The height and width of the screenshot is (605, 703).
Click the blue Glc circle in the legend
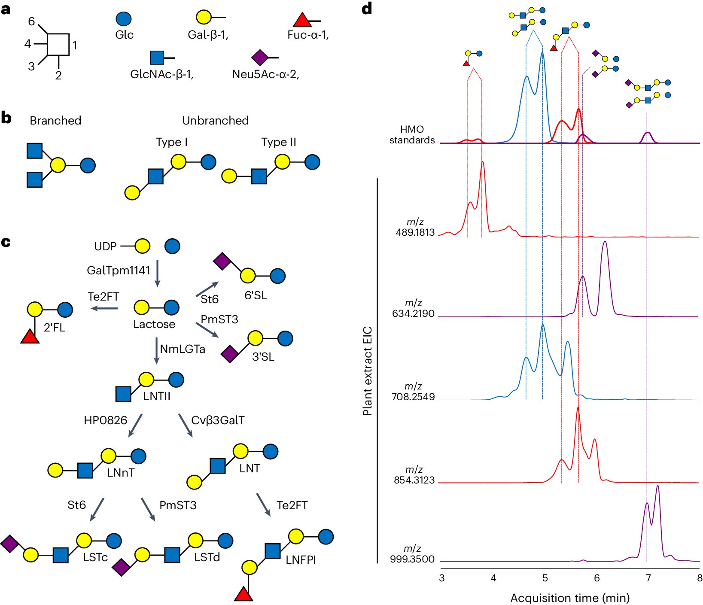tap(124, 19)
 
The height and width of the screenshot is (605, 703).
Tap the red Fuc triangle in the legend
tap(302, 20)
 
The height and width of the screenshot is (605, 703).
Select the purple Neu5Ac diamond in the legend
tap(259, 57)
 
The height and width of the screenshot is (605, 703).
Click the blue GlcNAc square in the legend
tap(157, 58)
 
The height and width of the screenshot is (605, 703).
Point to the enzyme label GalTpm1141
tap(119, 271)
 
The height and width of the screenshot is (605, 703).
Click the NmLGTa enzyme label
tap(183, 349)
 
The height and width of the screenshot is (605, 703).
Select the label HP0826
tap(106, 420)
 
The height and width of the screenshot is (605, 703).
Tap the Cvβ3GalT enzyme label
tap(218, 420)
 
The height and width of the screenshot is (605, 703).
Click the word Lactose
tap(154, 324)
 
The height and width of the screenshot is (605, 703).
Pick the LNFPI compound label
tap(301, 560)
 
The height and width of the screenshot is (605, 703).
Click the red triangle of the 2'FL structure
tap(30, 337)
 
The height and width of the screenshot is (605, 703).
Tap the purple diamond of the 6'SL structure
tap(222, 261)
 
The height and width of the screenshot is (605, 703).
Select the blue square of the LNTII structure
tap(124, 394)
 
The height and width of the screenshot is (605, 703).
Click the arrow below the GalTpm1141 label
tap(158, 273)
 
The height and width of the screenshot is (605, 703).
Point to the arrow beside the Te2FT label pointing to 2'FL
tap(104, 308)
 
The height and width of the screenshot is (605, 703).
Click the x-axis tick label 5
tap(545, 578)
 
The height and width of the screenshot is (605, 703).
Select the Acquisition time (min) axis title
tap(570, 598)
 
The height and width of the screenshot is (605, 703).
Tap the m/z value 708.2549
tap(413, 397)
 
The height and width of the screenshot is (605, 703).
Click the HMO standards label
tap(412, 135)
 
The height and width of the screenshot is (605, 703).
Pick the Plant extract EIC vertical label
tap(367, 371)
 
